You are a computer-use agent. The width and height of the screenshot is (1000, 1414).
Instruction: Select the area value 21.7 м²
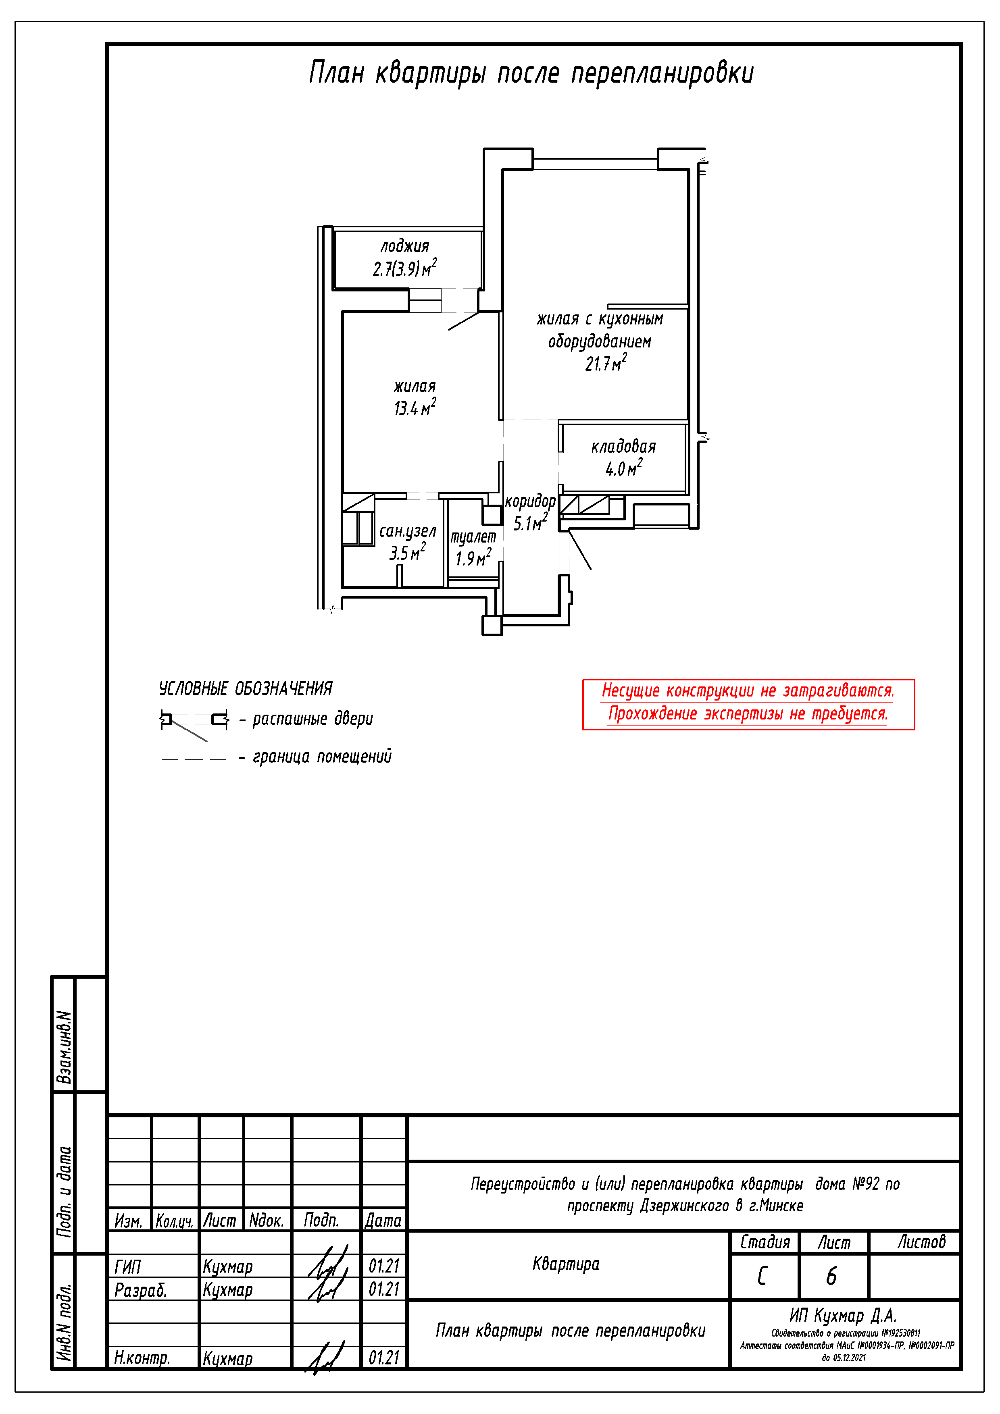tap(605, 363)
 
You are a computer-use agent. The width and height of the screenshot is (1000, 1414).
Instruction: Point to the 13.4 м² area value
tap(415, 408)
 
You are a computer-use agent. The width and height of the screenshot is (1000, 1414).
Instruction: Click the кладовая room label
tap(623, 447)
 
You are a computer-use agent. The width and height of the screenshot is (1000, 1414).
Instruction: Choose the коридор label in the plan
tap(530, 501)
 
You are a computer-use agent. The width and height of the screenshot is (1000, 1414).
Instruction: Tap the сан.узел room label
tap(407, 531)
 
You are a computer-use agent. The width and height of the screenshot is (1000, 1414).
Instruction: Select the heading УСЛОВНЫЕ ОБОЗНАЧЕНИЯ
tap(245, 688)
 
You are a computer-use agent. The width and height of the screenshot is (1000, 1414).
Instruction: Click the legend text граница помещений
tap(322, 757)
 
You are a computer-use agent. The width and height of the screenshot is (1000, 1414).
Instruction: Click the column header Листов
tap(921, 1242)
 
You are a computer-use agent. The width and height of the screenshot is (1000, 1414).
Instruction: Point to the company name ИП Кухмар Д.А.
tap(843, 1316)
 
